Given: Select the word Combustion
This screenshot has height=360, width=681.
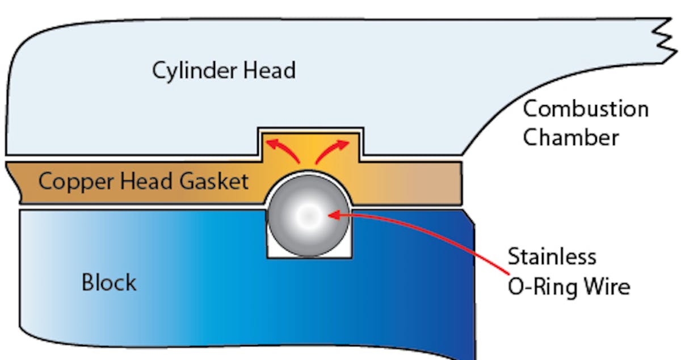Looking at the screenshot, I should pyautogui.click(x=585, y=109).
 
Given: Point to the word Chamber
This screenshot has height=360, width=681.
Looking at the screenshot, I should pyautogui.click(x=570, y=137).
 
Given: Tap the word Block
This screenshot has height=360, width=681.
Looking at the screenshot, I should pyautogui.click(x=109, y=282).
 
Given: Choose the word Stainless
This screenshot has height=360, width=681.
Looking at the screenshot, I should pyautogui.click(x=552, y=257).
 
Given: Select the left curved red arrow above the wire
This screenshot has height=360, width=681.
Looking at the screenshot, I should pyautogui.click(x=284, y=149).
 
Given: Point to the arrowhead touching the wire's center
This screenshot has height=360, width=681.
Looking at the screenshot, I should pyautogui.click(x=334, y=215).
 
